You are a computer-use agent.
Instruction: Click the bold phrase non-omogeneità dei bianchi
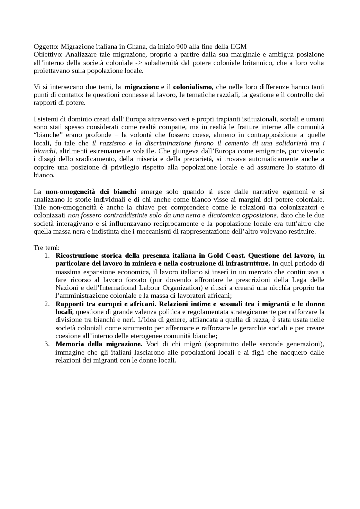coord(91,192)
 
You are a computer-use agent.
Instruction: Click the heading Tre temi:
coord(46,248)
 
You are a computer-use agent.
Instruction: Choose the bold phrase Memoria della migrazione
coord(99,344)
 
